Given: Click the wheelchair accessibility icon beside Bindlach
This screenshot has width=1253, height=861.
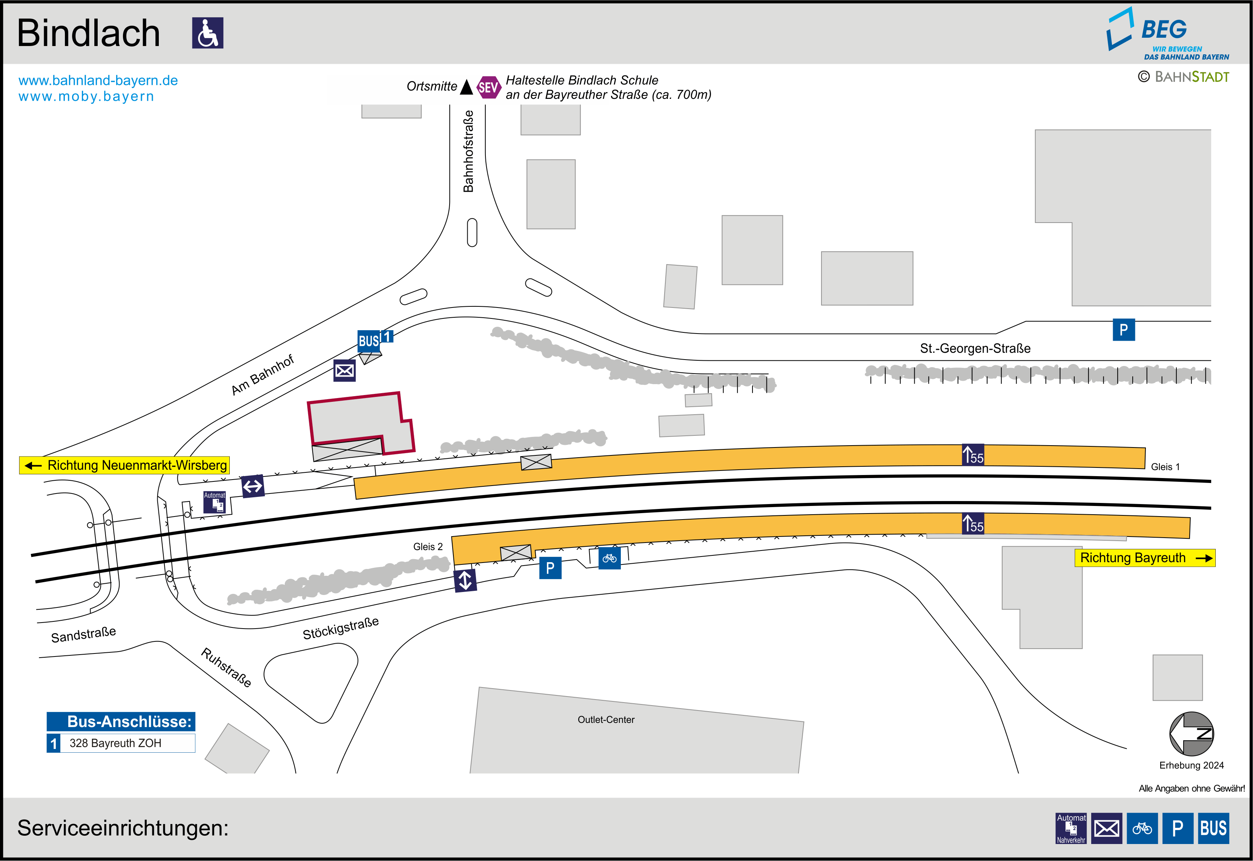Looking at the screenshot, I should tap(207, 33).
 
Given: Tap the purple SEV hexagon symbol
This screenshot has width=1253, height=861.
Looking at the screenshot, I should tap(488, 87).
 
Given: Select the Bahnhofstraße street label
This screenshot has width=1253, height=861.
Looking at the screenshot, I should tap(468, 152).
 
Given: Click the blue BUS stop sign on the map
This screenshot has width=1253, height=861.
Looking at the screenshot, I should tap(369, 341).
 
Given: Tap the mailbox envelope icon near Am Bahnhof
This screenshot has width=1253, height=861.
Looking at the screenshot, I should tap(344, 371).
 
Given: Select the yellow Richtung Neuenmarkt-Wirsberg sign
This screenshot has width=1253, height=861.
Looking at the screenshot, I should tap(124, 465).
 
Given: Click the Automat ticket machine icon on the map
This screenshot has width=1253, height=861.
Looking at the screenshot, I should tap(215, 502).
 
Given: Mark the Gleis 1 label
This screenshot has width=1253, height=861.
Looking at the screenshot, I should tap(1165, 467).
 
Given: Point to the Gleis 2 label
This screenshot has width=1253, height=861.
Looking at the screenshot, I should tap(428, 546).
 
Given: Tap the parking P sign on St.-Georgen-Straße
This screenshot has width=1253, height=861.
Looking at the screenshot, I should tap(1124, 330).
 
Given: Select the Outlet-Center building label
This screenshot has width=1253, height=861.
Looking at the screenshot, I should tap(606, 720).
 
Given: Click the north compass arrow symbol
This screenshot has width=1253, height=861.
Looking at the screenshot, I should tap(1192, 734).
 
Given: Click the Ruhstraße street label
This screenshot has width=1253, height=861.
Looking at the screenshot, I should tap(226, 667).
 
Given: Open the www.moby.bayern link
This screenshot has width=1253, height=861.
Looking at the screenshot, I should tap(86, 97).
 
